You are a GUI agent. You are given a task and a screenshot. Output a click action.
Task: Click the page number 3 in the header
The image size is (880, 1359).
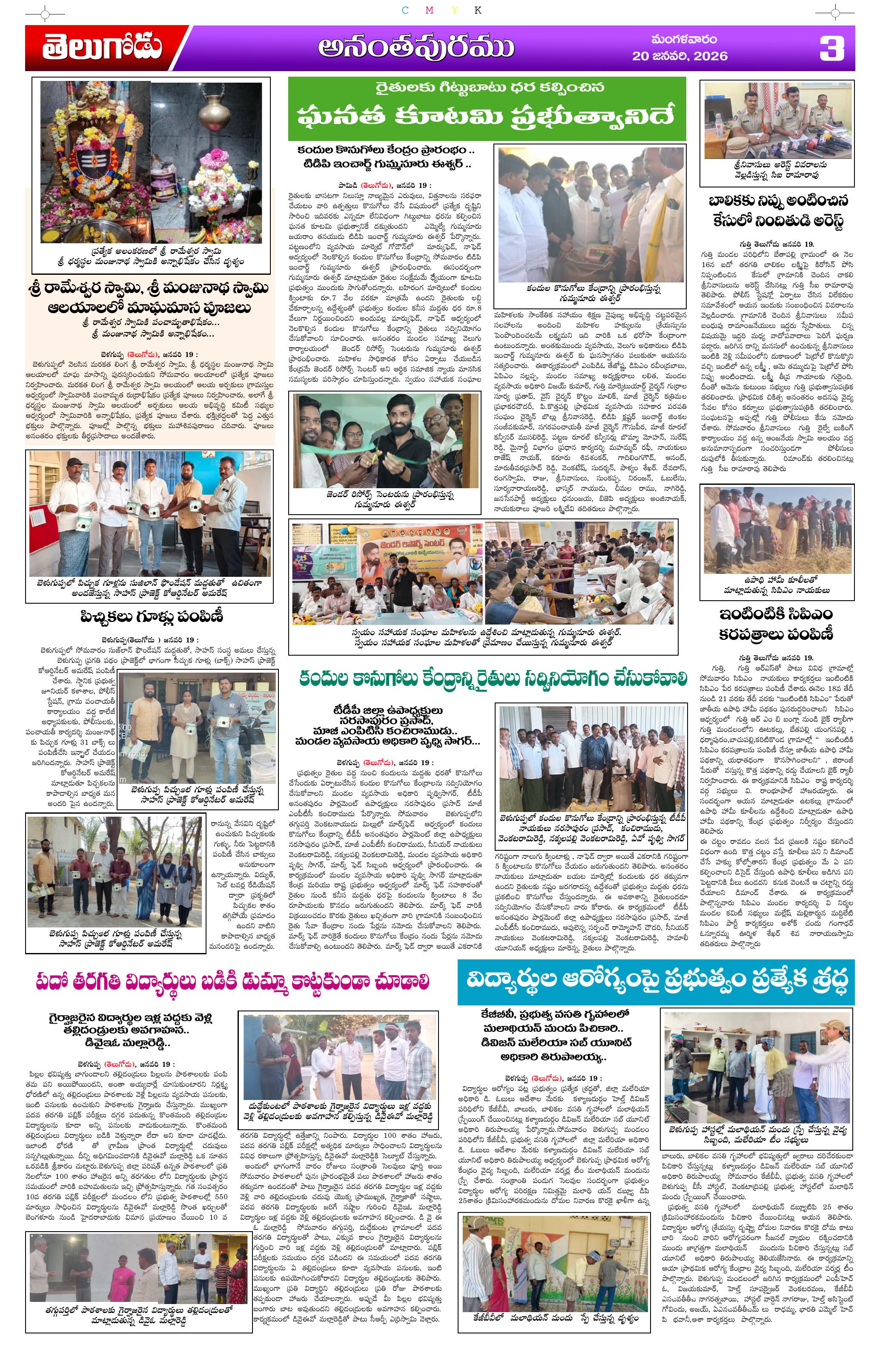click(831, 48)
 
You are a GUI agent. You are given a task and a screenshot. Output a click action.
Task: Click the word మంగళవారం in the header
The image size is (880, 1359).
click(684, 40)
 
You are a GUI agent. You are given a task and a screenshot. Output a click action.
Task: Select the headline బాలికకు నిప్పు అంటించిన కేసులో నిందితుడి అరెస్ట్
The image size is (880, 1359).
click(777, 211)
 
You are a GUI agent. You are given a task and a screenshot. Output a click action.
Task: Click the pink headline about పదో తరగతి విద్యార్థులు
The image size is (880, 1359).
click(233, 982)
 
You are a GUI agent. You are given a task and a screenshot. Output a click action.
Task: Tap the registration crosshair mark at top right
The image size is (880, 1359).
click(835, 12)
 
